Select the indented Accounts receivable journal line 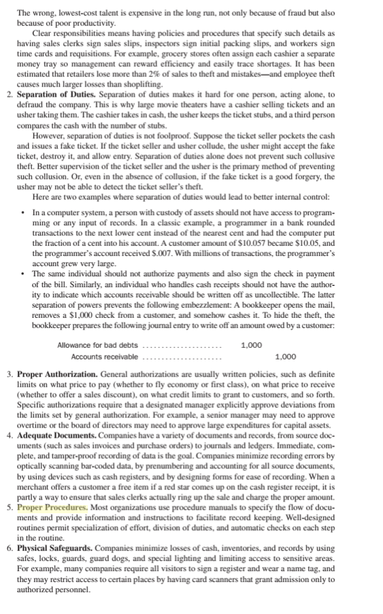pyautogui.click(x=105, y=357)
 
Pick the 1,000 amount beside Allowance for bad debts pyautogui.click(x=252, y=345)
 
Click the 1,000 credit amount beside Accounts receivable pyautogui.click(x=286, y=357)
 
